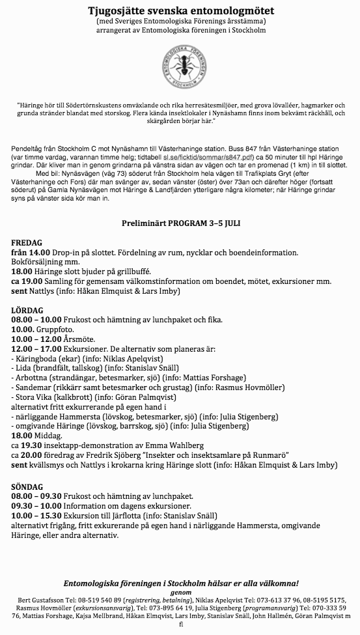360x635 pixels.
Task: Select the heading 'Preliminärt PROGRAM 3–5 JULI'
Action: click(x=180, y=223)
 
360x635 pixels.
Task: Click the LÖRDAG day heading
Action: click(x=27, y=310)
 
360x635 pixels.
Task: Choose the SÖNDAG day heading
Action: click(x=28, y=487)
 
